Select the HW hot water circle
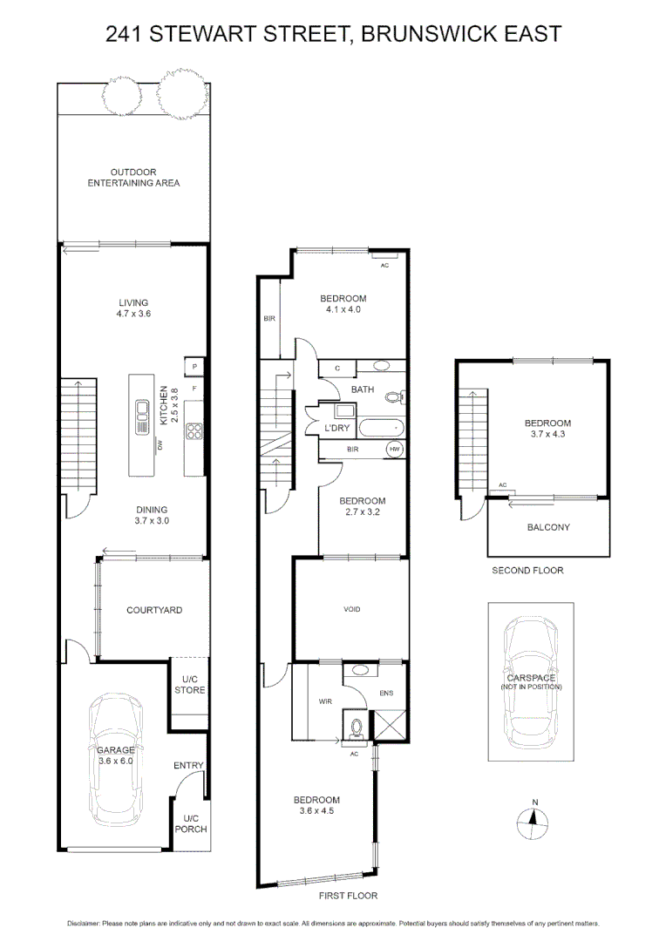click(395, 449)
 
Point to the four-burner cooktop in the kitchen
click(194, 430)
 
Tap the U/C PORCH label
click(191, 823)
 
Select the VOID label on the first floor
click(351, 610)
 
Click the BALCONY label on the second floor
click(548, 527)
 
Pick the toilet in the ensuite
click(356, 727)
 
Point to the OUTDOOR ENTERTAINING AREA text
click(133, 178)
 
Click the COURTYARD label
click(154, 610)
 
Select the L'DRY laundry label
click(336, 430)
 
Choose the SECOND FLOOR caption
click(527, 571)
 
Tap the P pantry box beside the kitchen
click(194, 367)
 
